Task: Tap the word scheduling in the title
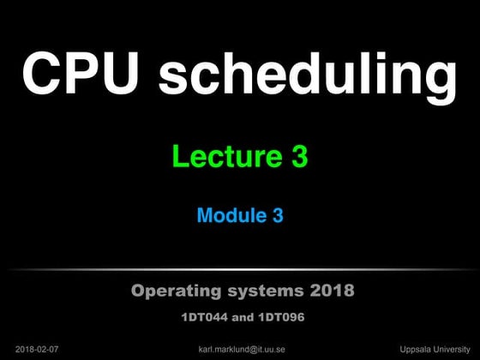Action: tap(307, 75)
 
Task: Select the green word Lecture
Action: tap(222, 157)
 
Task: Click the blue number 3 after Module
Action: tap(278, 216)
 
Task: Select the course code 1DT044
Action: tap(202, 317)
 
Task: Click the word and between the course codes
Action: tap(240, 317)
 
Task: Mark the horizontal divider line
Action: tap(240, 270)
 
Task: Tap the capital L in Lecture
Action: tap(179, 157)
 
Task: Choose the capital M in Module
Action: tap(205, 216)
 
